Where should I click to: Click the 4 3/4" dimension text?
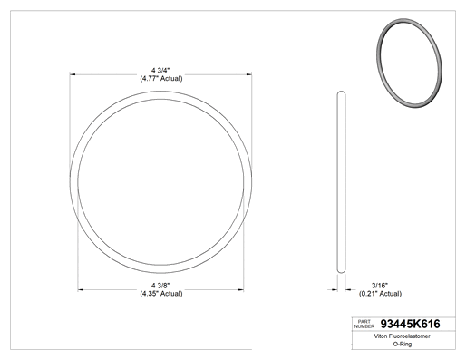pos(160,71)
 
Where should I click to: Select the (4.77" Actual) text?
pos(161,79)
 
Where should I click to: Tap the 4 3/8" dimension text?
pos(160,286)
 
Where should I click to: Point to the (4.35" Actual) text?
pos(161,294)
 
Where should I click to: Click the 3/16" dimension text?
pos(380,286)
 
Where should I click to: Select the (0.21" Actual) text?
pos(380,294)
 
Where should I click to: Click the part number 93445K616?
pos(410,324)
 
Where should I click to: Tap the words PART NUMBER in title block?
pos(364,324)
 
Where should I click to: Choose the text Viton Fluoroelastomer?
pos(403,336)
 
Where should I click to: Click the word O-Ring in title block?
pos(403,344)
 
